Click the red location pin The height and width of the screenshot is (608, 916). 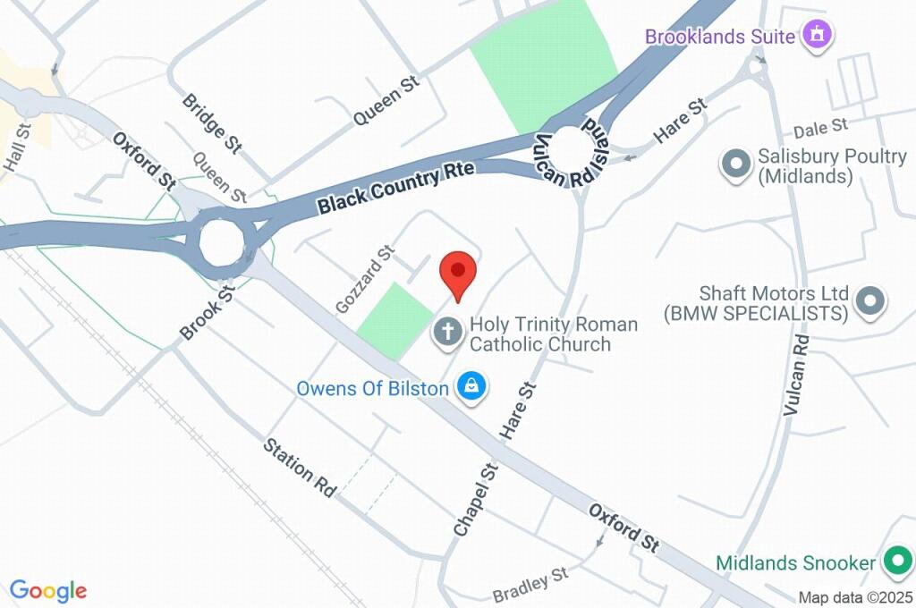[458, 271]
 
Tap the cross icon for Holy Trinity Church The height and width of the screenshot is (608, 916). [447, 333]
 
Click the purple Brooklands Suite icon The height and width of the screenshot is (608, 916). [816, 36]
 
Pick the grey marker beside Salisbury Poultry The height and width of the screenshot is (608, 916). [736, 165]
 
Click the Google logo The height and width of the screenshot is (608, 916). [48, 591]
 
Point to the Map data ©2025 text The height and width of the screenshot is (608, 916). [853, 597]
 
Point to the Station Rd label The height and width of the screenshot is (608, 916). [300, 467]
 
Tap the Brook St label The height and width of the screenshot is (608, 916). [207, 312]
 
